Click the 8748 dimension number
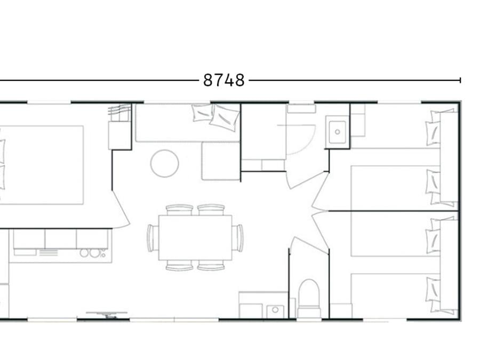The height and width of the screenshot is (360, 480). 224,80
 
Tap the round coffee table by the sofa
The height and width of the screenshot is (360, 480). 165,164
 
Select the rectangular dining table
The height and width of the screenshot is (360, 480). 195,237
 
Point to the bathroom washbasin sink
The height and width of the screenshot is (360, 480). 338,132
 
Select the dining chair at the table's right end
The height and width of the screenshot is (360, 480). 237,238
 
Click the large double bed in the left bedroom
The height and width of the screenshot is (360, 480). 41,165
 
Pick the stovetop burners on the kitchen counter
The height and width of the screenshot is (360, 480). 93,253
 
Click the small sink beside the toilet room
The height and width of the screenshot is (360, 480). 275,311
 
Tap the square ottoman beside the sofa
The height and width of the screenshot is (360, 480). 221,161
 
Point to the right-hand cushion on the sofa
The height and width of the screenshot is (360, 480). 224,117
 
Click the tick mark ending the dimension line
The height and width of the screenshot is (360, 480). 460,80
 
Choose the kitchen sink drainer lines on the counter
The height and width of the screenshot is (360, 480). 49,253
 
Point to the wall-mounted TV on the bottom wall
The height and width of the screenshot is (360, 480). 107,314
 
